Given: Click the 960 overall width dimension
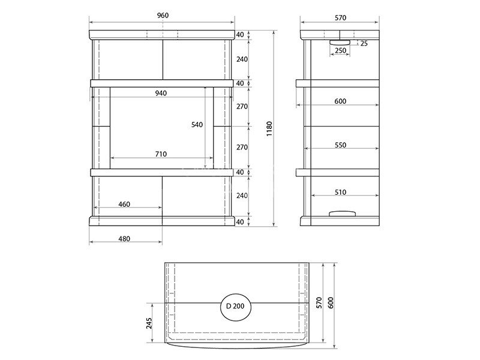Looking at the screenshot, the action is pos(163,16).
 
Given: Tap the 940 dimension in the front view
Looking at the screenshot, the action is pos(161,93).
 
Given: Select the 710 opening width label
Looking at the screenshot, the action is pos(161,154).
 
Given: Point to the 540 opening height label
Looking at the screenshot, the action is pos(197,125).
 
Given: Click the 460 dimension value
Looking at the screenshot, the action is pos(124,204).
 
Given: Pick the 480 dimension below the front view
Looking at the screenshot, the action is pos(124,238).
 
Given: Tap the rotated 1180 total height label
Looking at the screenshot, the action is pos(269,128).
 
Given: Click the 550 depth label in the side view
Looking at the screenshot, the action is pos(340,145).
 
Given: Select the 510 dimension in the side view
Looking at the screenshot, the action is pos(340,192).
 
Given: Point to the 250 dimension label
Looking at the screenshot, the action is pos(340,50).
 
